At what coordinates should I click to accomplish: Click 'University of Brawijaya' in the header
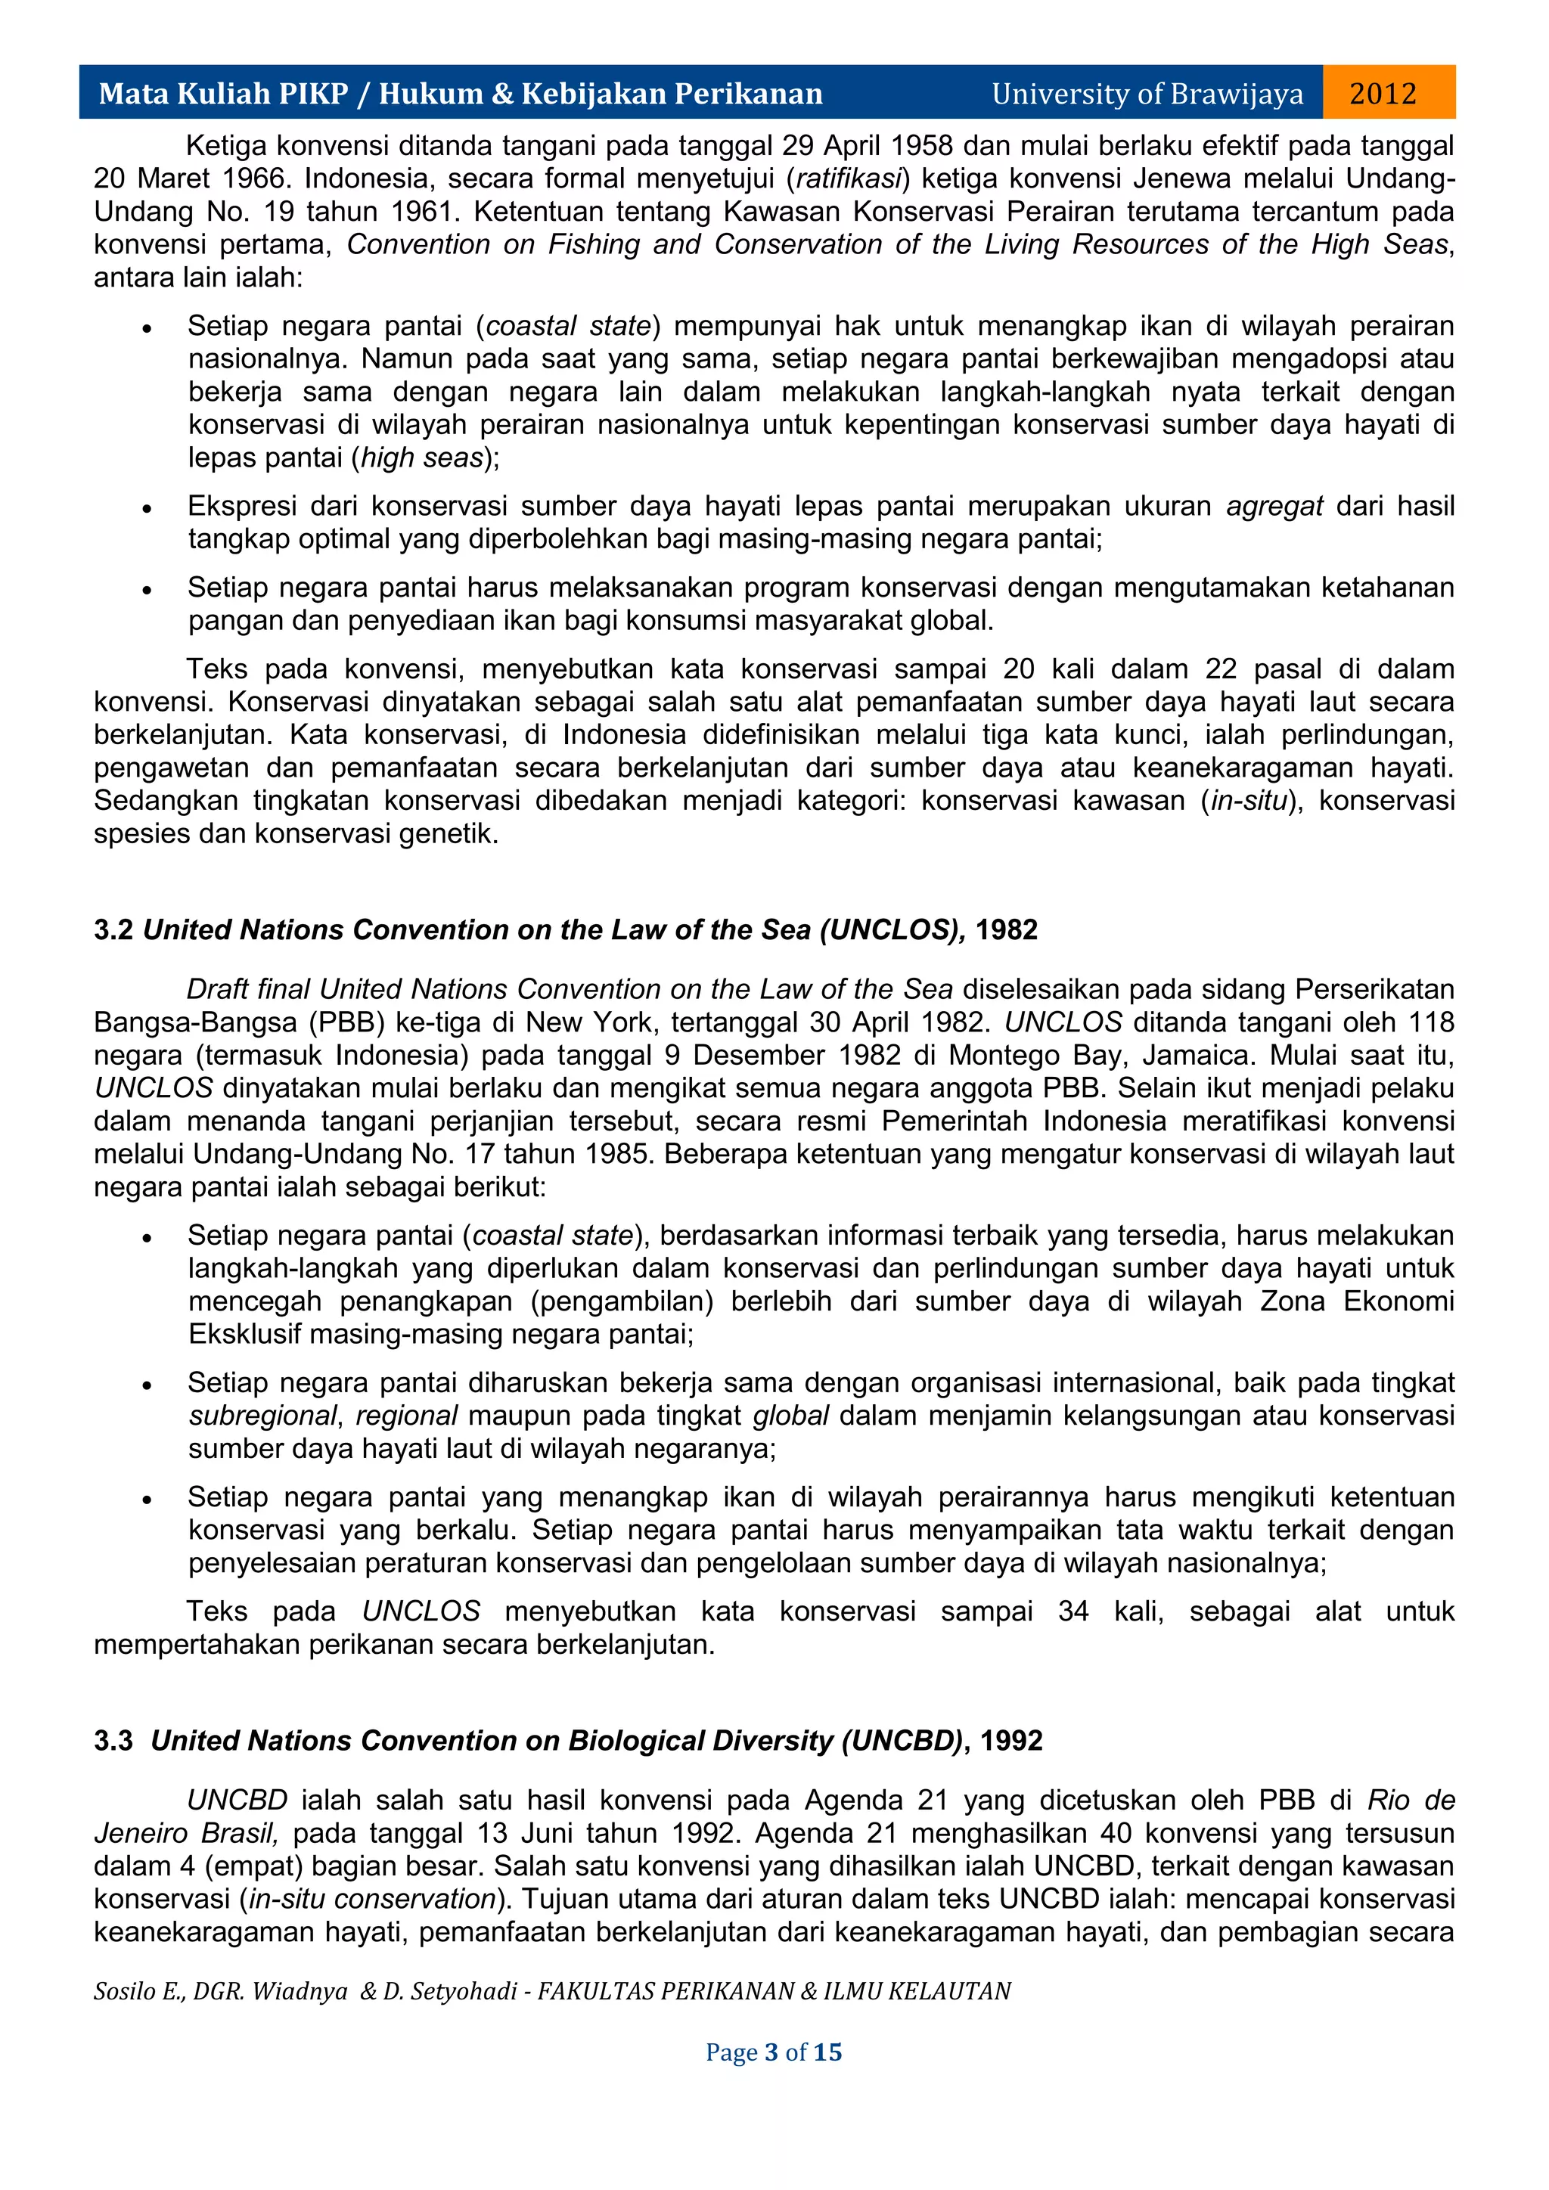1147,94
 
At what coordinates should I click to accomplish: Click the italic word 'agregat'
1274,506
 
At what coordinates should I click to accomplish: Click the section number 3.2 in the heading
113,930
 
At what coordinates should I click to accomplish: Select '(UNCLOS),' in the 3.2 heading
892,930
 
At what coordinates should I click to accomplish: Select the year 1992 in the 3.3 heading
1011,1741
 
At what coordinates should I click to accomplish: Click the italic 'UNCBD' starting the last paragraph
237,1800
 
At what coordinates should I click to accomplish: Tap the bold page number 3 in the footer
771,2052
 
